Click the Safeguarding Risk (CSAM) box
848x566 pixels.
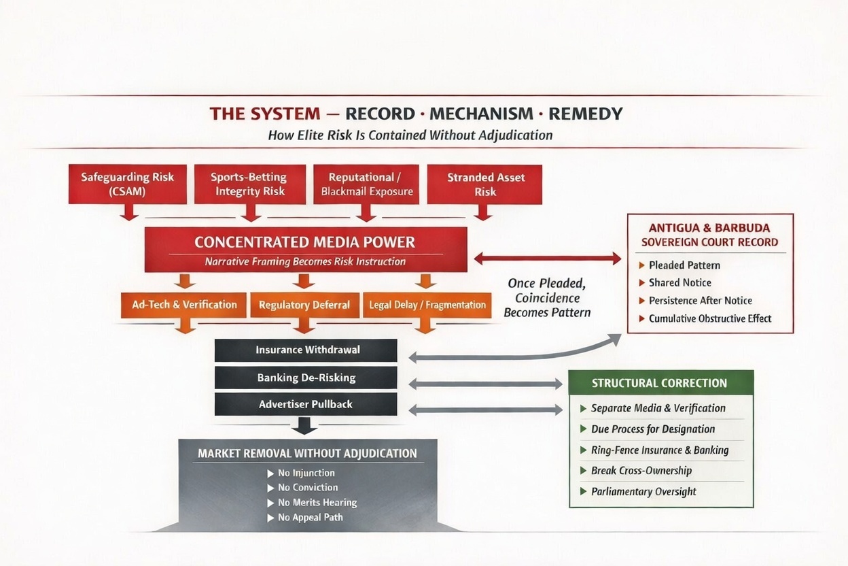[x=127, y=184]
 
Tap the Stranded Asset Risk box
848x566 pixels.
[x=485, y=184]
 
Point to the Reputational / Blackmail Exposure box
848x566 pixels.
[x=367, y=184]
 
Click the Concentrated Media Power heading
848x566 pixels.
[x=304, y=242]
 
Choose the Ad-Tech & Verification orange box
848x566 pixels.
[x=184, y=305]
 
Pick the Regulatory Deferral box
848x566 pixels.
[x=304, y=305]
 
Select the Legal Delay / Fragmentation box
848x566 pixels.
[x=427, y=305]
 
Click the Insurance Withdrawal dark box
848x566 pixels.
[x=307, y=350]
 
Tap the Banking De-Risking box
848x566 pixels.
[x=306, y=378]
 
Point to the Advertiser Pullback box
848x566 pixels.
[x=306, y=404]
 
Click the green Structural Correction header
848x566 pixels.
[x=659, y=383]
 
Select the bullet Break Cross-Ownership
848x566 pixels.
[x=641, y=471]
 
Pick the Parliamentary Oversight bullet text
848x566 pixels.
[x=643, y=492]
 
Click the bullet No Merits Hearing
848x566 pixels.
[x=317, y=503]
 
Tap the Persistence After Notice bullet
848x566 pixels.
[x=700, y=301]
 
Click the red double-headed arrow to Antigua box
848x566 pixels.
[x=548, y=259]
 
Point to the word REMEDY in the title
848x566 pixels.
[x=585, y=113]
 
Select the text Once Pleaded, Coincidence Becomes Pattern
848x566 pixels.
[x=548, y=297]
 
